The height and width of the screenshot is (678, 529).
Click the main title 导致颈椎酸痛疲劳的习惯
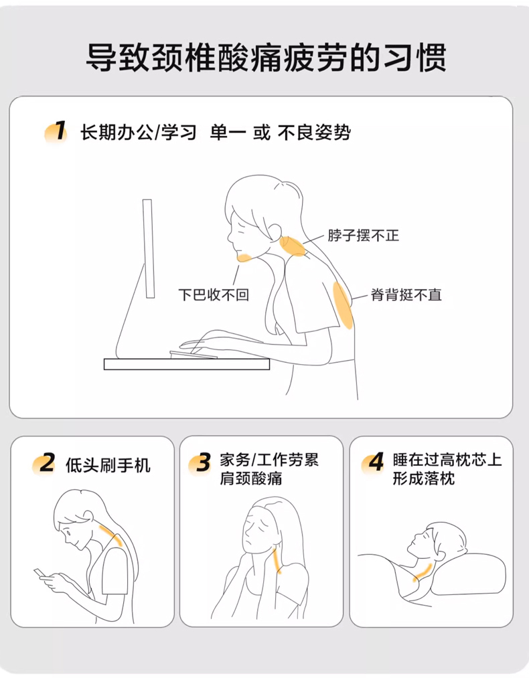click(x=266, y=57)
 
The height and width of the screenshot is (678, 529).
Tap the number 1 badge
click(x=57, y=131)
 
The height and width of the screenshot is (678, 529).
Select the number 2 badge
click(x=44, y=463)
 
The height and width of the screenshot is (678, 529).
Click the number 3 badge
click(x=200, y=463)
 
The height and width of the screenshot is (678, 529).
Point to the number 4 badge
click(x=373, y=463)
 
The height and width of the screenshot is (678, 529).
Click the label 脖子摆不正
click(x=364, y=236)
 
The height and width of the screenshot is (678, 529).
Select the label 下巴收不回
click(x=214, y=294)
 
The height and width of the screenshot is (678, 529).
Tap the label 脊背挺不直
click(x=406, y=295)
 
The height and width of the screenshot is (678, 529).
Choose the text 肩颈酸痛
click(x=251, y=479)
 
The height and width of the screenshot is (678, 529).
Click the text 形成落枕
click(x=424, y=479)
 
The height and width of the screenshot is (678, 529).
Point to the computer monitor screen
click(x=149, y=248)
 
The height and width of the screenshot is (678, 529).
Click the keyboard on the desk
click(x=194, y=355)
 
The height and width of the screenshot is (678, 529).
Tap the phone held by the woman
click(x=39, y=574)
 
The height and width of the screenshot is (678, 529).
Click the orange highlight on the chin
click(x=244, y=258)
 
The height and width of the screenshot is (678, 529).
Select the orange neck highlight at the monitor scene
click(x=293, y=246)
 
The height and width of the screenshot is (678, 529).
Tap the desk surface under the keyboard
click(x=187, y=364)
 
